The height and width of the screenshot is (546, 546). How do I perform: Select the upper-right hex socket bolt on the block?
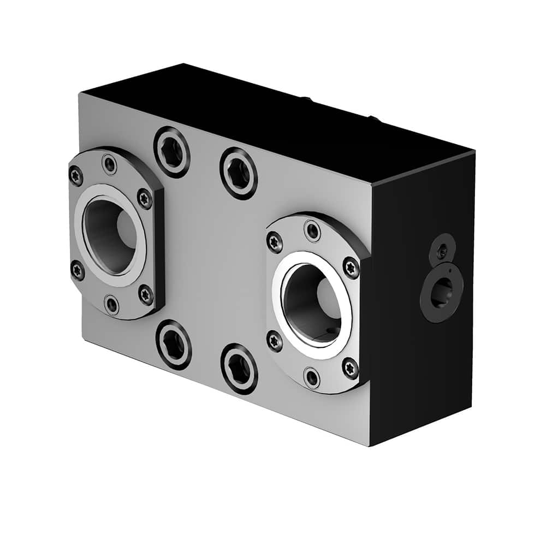pos(239,173)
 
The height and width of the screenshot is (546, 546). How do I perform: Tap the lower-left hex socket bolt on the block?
pos(174,345)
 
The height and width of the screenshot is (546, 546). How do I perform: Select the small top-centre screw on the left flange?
pos(110,164)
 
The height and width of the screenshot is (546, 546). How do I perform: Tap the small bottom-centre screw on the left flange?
pos(111,304)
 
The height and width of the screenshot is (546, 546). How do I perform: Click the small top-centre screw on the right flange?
pos(312,230)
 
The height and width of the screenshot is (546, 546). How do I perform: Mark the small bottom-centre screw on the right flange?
pos(312,377)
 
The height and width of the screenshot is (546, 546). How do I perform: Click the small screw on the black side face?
pos(443,250)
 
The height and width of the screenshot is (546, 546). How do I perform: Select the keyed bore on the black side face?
pos(441,293)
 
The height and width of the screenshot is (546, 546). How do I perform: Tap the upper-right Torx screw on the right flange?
pos(351,268)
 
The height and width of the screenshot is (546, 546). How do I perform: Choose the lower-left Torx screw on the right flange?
pos(275,341)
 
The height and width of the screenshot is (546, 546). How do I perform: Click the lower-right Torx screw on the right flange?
pos(350,367)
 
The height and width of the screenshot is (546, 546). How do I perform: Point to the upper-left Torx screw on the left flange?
pos(76,176)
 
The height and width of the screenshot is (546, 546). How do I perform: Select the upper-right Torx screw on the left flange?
pos(144,198)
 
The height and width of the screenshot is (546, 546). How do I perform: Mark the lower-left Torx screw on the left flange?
pos(78,270)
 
